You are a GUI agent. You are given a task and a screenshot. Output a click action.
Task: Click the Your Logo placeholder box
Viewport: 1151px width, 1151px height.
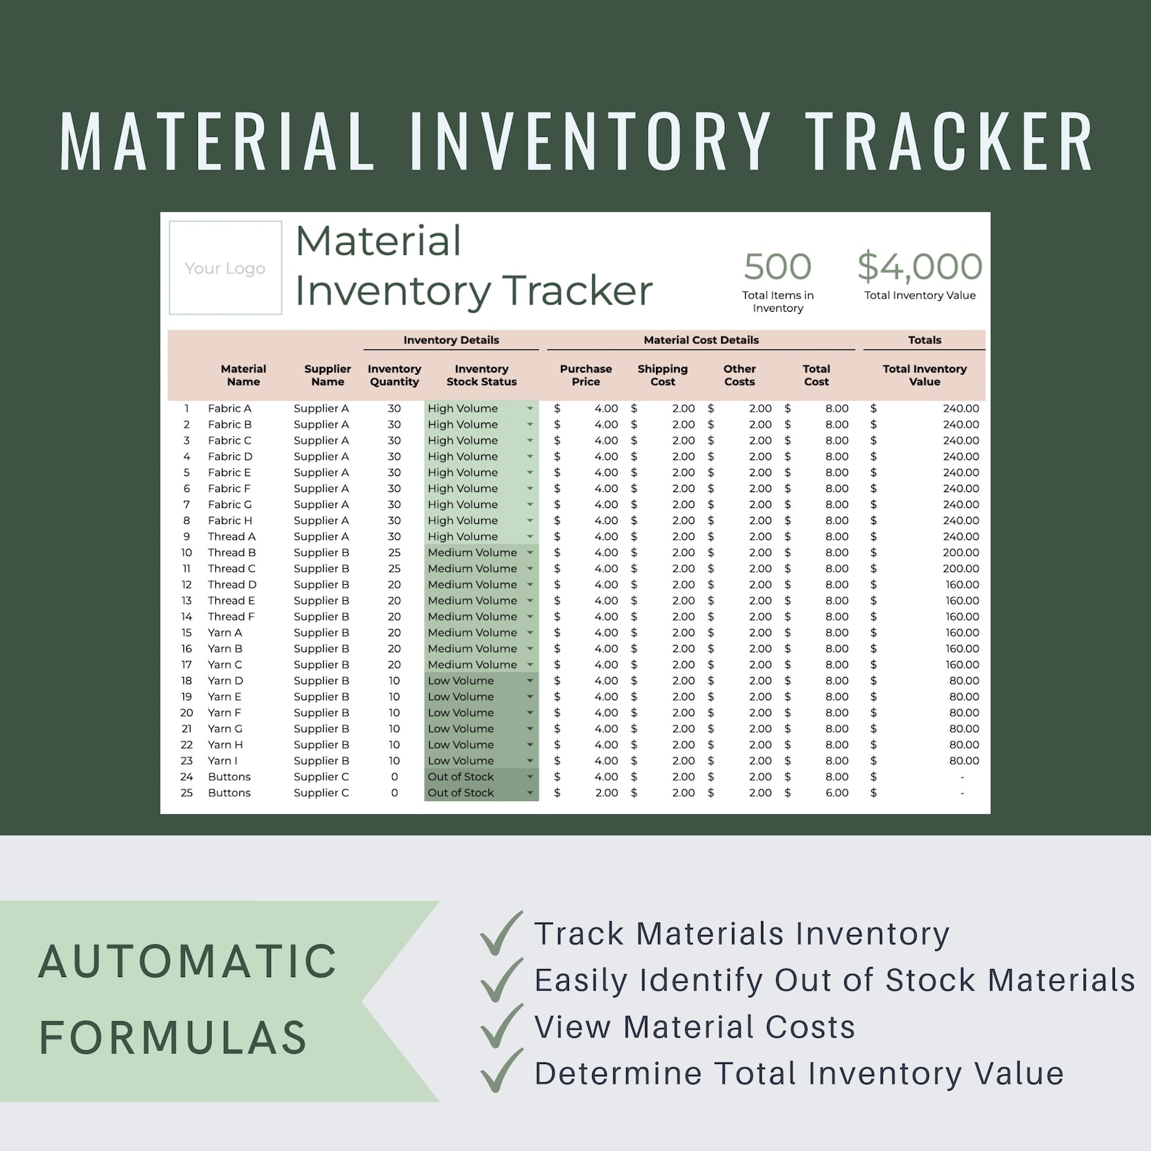click(225, 267)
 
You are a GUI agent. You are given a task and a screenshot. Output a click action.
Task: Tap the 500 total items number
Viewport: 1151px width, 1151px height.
click(777, 266)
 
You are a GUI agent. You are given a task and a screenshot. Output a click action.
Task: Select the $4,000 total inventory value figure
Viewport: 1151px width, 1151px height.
click(920, 266)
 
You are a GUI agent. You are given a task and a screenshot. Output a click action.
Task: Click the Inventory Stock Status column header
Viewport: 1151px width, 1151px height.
click(481, 375)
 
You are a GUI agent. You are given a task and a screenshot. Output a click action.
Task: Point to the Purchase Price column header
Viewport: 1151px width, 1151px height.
click(586, 375)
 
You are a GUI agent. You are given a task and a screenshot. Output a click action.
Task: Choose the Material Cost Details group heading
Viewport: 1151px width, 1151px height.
click(701, 340)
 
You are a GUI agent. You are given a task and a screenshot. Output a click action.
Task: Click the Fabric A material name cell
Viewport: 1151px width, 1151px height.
click(230, 408)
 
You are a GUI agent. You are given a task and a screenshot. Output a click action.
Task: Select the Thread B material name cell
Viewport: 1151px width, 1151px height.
click(232, 552)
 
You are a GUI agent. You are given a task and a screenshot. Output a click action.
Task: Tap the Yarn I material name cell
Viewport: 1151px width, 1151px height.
click(223, 760)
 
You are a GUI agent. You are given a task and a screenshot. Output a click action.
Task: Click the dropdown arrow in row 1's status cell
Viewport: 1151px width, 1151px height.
click(530, 409)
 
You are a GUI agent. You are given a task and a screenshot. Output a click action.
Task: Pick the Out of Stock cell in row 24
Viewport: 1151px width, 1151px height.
click(461, 776)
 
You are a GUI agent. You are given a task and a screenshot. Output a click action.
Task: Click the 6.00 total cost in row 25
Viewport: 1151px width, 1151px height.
click(836, 792)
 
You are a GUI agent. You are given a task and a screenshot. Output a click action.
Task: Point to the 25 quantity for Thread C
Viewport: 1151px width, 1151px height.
click(394, 568)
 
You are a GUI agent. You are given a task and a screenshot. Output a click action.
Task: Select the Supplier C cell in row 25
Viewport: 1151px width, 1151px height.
click(321, 792)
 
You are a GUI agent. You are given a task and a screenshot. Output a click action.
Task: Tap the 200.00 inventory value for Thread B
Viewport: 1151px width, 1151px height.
click(960, 552)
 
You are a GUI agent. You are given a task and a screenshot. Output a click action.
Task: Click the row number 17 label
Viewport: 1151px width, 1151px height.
click(186, 664)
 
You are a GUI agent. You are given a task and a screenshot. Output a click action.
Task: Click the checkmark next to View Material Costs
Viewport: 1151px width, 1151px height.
click(501, 1026)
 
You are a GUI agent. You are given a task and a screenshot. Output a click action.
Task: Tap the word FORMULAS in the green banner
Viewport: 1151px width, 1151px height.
click(174, 1036)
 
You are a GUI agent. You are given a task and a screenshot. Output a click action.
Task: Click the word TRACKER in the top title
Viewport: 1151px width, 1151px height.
click(950, 142)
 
